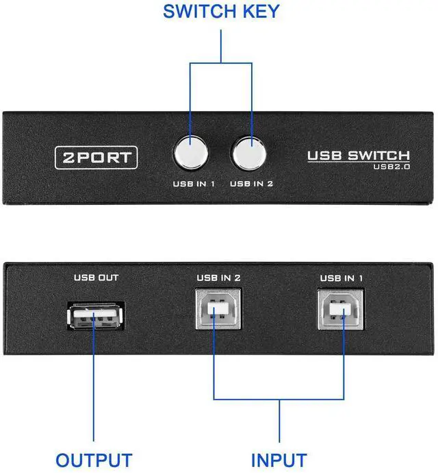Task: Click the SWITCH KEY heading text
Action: tap(220, 12)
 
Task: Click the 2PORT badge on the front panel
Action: tap(96, 157)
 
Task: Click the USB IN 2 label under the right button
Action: tap(252, 184)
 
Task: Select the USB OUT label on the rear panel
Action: tap(96, 278)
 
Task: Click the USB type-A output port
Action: tap(96, 317)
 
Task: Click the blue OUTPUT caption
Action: tap(94, 459)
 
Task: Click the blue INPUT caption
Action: tap(279, 459)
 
